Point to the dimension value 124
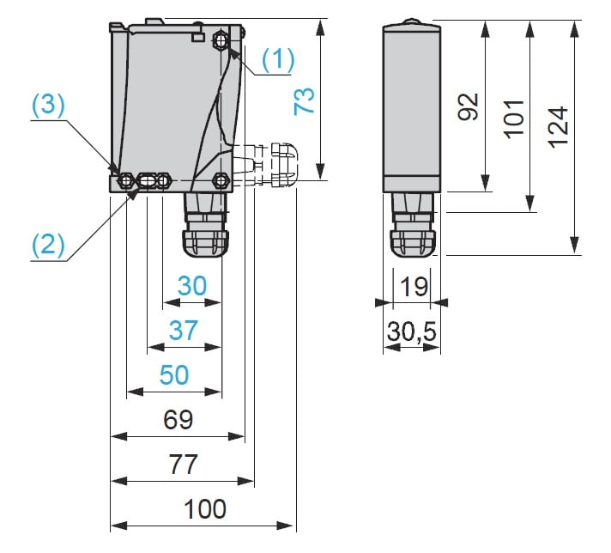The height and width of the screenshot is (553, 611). [558, 126]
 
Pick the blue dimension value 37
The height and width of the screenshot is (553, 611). [184, 331]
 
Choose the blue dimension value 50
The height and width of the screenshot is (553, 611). [174, 375]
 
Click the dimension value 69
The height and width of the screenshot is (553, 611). [178, 420]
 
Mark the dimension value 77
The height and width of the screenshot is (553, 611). [183, 465]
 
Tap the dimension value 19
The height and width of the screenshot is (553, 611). [414, 286]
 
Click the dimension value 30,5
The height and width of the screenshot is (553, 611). [412, 331]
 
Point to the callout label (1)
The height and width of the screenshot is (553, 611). [278, 58]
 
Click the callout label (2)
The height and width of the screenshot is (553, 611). [49, 245]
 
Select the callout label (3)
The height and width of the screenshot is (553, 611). [49, 106]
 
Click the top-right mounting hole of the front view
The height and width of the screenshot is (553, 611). [223, 39]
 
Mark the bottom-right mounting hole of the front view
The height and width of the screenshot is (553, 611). [221, 181]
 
